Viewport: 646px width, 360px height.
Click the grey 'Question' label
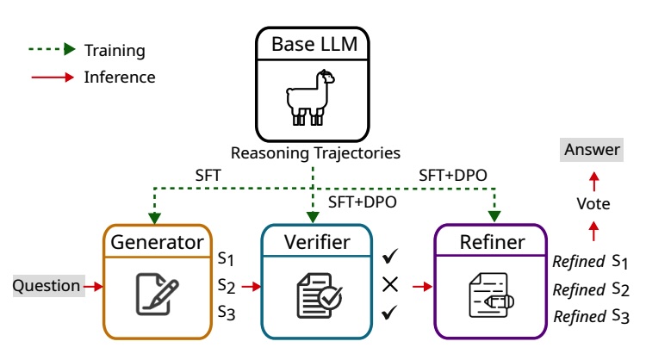(x=47, y=285)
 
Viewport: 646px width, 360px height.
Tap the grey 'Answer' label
(x=592, y=150)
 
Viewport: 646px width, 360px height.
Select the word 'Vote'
(x=593, y=205)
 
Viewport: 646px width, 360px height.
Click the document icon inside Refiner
(x=489, y=293)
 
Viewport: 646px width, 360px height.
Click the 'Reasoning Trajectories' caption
(x=314, y=153)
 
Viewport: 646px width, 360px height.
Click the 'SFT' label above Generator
(x=208, y=175)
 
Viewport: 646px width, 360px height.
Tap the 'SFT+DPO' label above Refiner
(x=453, y=175)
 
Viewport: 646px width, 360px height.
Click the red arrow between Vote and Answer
(x=593, y=178)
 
